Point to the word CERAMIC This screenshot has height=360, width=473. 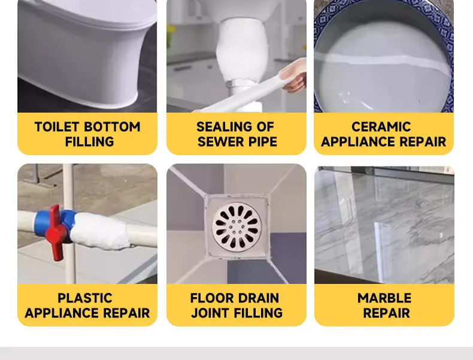pyautogui.click(x=381, y=127)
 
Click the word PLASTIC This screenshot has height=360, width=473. pyautogui.click(x=85, y=298)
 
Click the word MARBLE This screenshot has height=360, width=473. pyautogui.click(x=384, y=298)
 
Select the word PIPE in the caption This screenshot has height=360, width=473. pyautogui.click(x=262, y=141)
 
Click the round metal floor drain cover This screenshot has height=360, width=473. pyautogui.click(x=237, y=226)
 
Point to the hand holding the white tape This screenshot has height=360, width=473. pyautogui.click(x=293, y=75)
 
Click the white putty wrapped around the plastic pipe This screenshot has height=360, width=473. pyautogui.click(x=99, y=231)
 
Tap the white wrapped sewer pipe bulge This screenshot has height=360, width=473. pyautogui.click(x=241, y=52)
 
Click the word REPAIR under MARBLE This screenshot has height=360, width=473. pyautogui.click(x=386, y=313)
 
